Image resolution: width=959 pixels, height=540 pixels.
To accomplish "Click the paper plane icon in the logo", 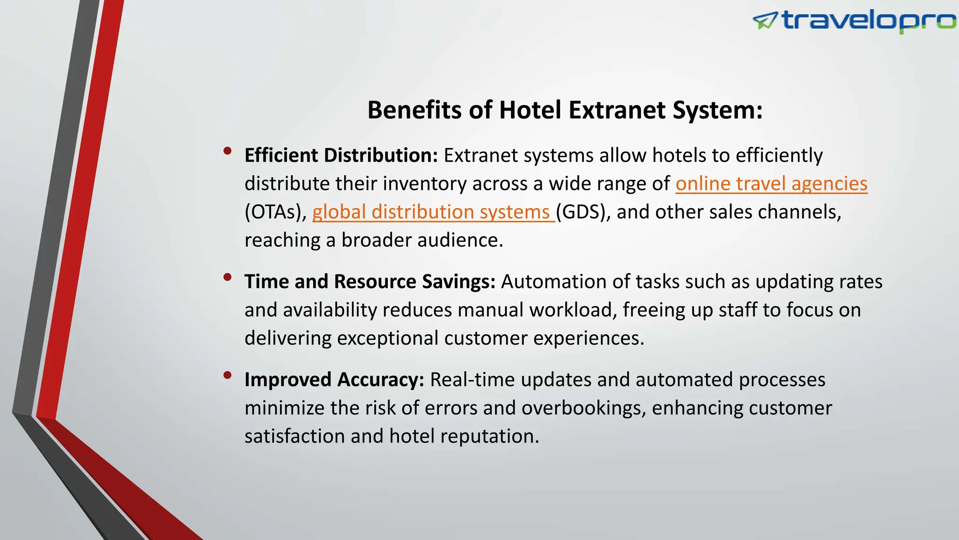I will (x=765, y=21).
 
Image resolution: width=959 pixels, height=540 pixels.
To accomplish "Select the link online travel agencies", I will (x=771, y=184).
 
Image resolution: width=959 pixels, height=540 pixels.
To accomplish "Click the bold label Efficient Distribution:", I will (x=341, y=156).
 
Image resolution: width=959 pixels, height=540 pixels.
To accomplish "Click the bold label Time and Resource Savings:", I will (x=370, y=282).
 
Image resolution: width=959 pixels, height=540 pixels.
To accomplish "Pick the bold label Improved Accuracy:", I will (x=334, y=380).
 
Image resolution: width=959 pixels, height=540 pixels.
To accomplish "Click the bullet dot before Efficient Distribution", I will (x=228, y=150).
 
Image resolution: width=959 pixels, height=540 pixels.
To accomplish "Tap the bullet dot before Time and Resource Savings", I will (x=228, y=277).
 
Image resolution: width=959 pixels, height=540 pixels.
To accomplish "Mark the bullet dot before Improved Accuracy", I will (x=228, y=375).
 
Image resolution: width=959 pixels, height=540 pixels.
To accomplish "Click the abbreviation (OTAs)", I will (x=275, y=212).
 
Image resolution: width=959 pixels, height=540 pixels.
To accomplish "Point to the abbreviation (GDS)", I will (x=583, y=212).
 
